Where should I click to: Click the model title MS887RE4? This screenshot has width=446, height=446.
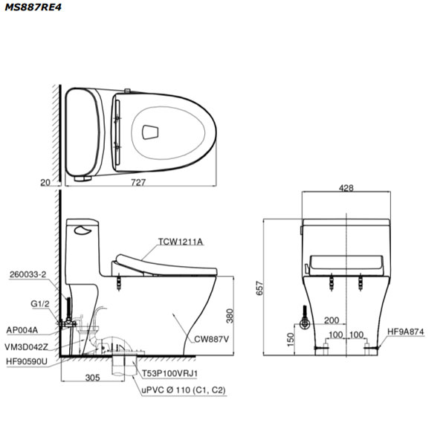coord(33,7)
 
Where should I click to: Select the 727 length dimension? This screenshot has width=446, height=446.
coord(138,182)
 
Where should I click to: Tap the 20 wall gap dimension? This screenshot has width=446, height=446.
coord(45,182)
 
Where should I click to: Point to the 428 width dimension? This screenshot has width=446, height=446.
coord(346,188)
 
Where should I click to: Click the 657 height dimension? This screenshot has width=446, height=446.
coord(259,288)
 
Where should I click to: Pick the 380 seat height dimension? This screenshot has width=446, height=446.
coord(230,316)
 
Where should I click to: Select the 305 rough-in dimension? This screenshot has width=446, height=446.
coord(93,378)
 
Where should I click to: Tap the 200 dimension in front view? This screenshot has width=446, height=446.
coord(332,320)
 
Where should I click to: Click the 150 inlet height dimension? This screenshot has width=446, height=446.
coord(290,340)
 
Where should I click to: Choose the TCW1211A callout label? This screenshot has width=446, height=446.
coord(181,242)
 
